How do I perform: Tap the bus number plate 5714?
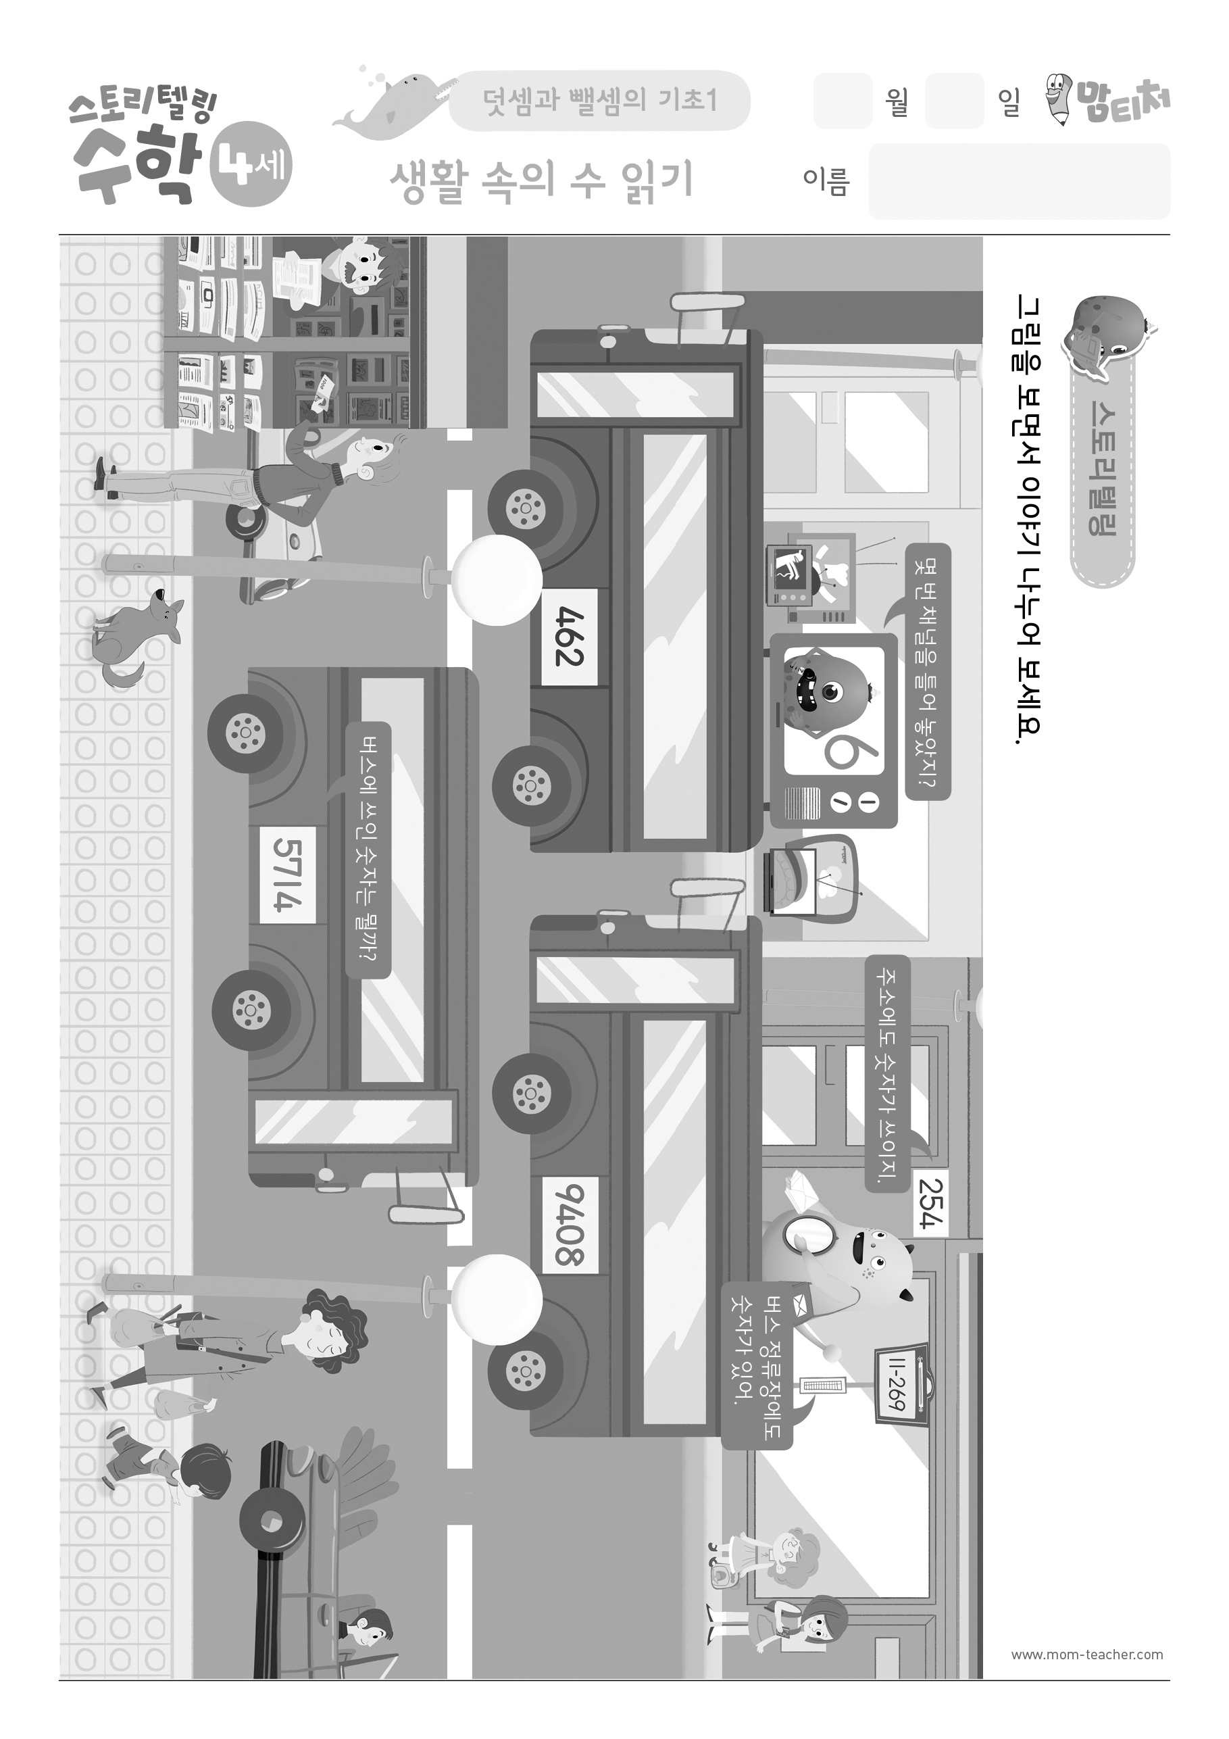tap(288, 875)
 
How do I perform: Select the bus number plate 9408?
tap(570, 1225)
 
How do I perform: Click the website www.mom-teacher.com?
tap(1086, 1654)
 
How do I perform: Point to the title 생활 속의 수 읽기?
tap(541, 182)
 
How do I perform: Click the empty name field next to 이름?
tap(1020, 182)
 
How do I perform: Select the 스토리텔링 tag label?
tap(1102, 470)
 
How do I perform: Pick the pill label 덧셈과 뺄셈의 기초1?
tap(600, 101)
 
